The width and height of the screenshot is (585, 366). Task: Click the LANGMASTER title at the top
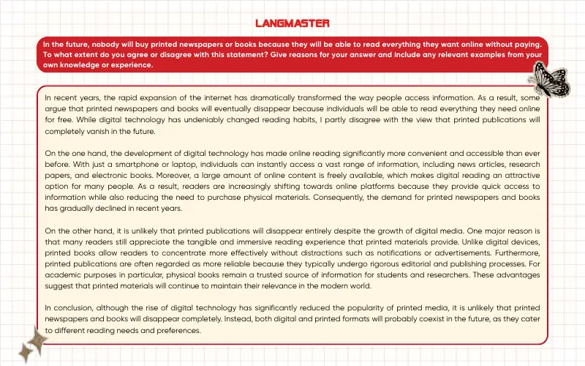click(292, 23)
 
